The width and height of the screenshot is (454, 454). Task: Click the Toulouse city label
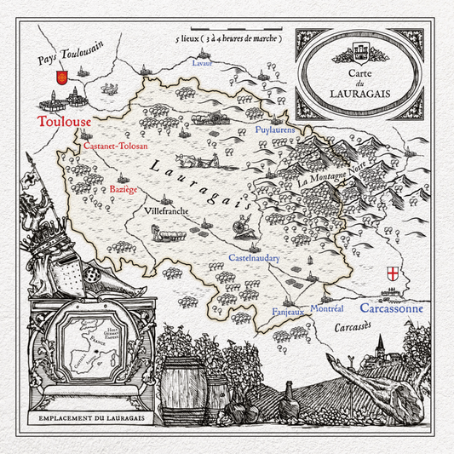(x=64, y=122)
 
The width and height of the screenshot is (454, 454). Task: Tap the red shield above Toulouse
(x=60, y=79)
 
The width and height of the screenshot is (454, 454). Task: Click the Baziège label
(x=120, y=189)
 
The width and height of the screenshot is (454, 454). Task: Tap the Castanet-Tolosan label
(x=116, y=147)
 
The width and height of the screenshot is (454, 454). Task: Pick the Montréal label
(x=326, y=307)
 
